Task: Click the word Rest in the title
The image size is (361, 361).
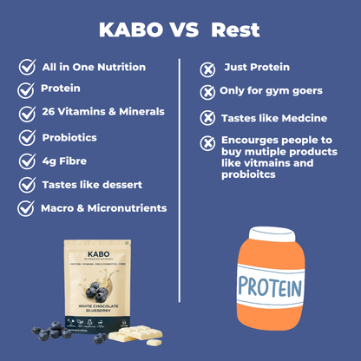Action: click(x=234, y=31)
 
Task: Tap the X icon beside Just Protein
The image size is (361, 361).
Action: click(x=207, y=69)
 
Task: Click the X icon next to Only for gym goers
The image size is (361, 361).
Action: click(x=207, y=92)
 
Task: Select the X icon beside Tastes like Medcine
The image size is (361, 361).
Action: click(x=207, y=117)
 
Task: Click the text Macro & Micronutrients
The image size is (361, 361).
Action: click(x=103, y=207)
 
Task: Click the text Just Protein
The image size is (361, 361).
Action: click(x=257, y=67)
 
